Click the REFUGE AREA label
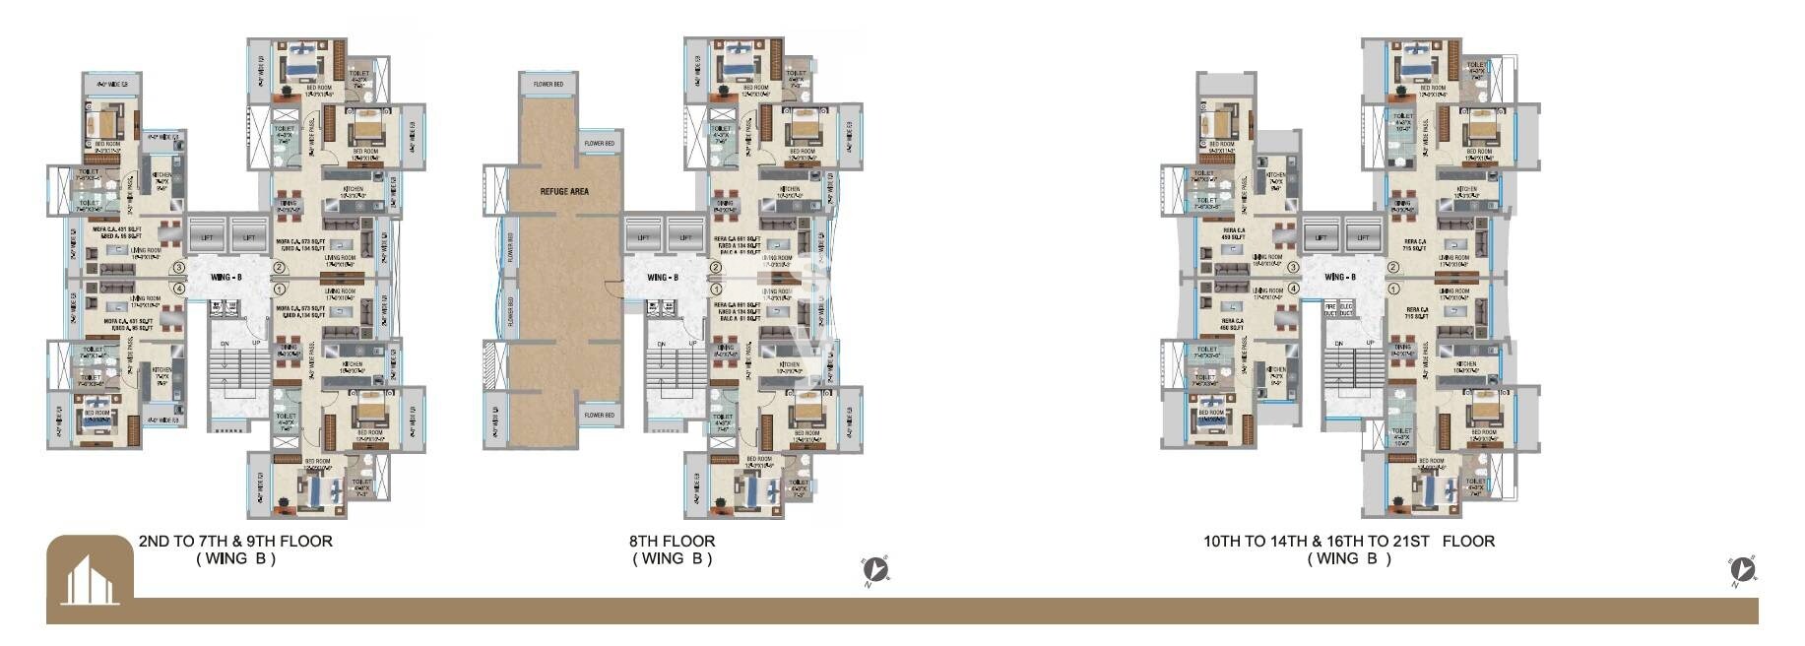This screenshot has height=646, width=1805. [x=564, y=191]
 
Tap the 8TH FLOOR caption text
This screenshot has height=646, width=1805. [x=672, y=541]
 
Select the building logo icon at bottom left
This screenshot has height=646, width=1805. [x=90, y=580]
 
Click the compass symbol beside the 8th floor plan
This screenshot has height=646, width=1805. [x=874, y=570]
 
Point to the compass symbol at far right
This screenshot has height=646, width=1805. [x=1742, y=570]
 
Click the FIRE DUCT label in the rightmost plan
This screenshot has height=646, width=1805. [x=1330, y=310]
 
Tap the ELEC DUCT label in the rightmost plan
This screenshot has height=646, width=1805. [x=1346, y=310]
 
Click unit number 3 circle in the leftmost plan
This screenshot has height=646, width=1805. [x=178, y=267]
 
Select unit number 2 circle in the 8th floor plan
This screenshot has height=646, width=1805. [x=716, y=267]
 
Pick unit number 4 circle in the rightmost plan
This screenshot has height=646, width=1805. [x=1294, y=289]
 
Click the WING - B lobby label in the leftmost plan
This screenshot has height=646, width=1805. [x=226, y=278]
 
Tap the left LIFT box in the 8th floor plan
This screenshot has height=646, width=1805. [x=643, y=237]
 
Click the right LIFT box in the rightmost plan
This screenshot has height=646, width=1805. [x=1363, y=237]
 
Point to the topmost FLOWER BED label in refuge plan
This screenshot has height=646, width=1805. [x=548, y=85]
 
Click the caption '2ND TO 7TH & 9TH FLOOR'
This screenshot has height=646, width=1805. [x=235, y=541]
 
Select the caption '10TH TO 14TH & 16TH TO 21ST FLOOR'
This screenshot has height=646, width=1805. [x=1348, y=541]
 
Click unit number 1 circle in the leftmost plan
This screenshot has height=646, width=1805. [x=280, y=290]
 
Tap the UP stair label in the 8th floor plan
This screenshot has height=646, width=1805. [x=692, y=344]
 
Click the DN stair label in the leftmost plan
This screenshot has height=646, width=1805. [x=225, y=344]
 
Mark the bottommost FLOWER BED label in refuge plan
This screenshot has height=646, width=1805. [x=599, y=415]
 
